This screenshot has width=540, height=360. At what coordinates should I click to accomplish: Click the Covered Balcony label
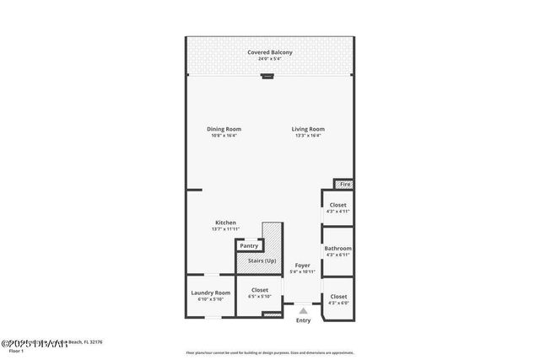point(270,52)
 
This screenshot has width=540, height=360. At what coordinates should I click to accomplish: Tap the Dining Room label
point(224,129)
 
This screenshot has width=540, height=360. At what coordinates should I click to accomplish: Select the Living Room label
point(308,129)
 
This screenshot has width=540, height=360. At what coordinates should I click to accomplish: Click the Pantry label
point(249,245)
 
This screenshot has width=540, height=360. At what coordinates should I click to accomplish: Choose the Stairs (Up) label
point(261,261)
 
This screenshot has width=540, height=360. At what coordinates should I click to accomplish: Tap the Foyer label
point(302,266)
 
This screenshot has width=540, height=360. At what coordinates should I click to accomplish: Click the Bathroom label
point(337,249)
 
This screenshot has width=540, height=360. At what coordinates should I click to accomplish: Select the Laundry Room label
point(210,293)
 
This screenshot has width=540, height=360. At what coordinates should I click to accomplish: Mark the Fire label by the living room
point(344,184)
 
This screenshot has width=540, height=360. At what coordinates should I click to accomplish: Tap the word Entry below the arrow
point(303,320)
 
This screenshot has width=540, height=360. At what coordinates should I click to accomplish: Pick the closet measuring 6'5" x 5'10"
point(260,296)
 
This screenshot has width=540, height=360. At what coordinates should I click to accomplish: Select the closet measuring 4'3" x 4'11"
point(337,211)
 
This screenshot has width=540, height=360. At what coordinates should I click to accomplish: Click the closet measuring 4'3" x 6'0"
point(337,302)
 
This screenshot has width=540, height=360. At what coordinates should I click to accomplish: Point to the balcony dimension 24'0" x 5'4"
point(270,59)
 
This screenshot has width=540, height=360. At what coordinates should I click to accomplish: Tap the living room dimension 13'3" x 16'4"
point(308,136)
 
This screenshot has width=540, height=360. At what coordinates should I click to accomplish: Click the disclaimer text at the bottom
point(270,352)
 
